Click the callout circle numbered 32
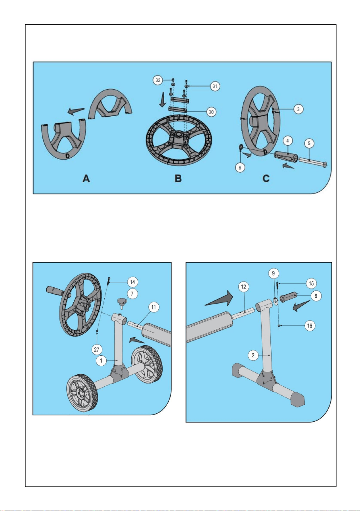point(158,80)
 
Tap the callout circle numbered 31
point(215,86)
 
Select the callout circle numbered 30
point(211,112)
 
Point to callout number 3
point(298,109)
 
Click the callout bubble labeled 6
point(240,168)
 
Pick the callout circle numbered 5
point(309,143)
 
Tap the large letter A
point(86,178)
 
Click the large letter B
point(178,178)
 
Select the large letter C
point(266,178)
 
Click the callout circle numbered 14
point(132,282)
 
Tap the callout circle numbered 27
point(97,350)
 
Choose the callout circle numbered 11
point(153,307)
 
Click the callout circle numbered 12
point(244,287)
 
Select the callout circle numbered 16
point(309,326)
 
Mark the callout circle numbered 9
point(273,273)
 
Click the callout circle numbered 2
point(253,355)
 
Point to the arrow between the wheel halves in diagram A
point(76,111)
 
